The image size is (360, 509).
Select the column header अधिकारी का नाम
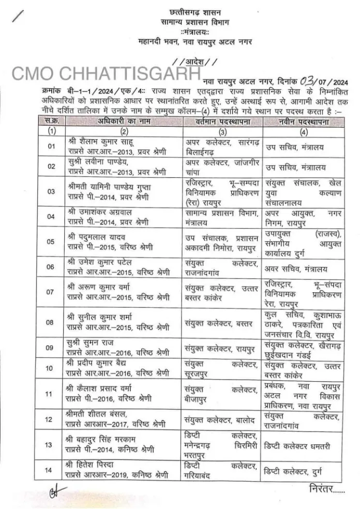(119, 122)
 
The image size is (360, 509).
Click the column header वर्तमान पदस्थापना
(223, 122)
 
